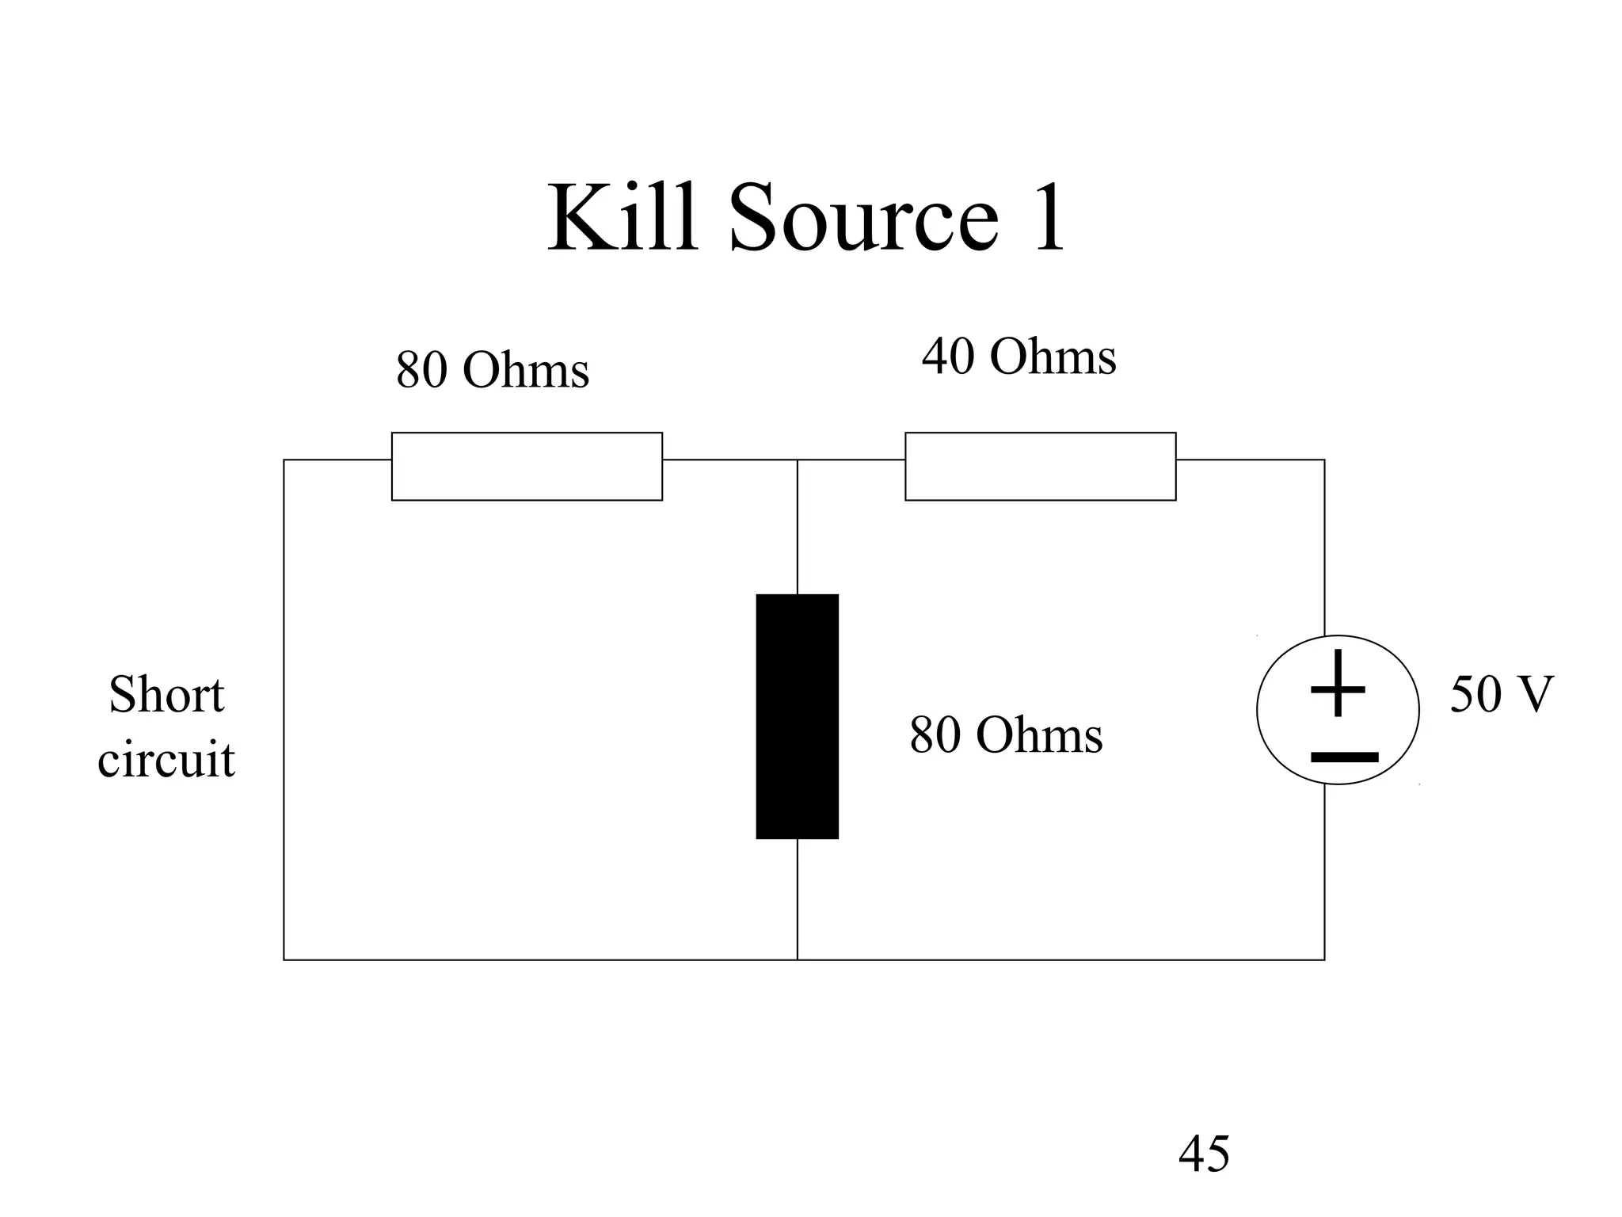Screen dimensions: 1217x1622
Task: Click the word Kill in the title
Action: pyautogui.click(x=623, y=217)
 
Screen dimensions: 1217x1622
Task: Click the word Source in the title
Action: pyautogui.click(x=863, y=217)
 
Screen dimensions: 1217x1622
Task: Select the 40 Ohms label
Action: pyautogui.click(x=1019, y=357)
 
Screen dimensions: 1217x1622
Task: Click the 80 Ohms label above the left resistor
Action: pyautogui.click(x=492, y=370)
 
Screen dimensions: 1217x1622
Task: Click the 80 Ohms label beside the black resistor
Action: pyautogui.click(x=1005, y=734)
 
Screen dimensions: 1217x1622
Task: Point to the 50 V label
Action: pyautogui.click(x=1501, y=694)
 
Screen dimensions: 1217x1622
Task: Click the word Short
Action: pyautogui.click(x=166, y=695)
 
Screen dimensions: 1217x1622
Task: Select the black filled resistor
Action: pyautogui.click(x=797, y=716)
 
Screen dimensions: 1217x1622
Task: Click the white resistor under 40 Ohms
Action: pyautogui.click(x=1040, y=466)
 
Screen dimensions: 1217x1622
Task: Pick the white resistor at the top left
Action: pyautogui.click(x=527, y=466)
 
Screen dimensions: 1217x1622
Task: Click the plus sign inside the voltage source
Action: pyautogui.click(x=1338, y=685)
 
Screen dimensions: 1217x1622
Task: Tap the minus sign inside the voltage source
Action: pyautogui.click(x=1344, y=757)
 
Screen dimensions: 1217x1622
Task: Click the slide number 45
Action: pyautogui.click(x=1204, y=1154)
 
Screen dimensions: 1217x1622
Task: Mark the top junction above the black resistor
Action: pyautogui.click(x=798, y=460)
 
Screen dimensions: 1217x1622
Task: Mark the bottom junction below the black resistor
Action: pyautogui.click(x=798, y=959)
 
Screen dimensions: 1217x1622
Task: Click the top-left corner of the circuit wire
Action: pyautogui.click(x=284, y=460)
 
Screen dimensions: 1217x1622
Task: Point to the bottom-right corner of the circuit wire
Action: pyautogui.click(x=1324, y=959)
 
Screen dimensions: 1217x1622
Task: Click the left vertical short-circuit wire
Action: pyautogui.click(x=284, y=713)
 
